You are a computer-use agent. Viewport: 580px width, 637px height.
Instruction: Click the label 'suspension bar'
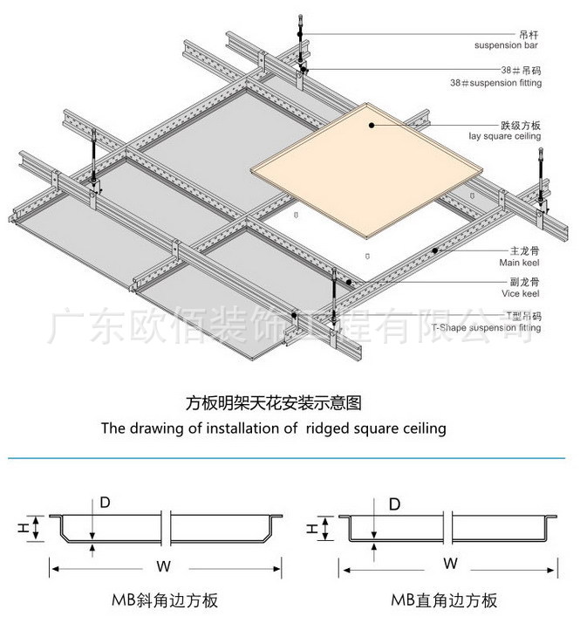(506, 44)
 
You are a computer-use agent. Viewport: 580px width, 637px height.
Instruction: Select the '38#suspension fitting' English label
(495, 83)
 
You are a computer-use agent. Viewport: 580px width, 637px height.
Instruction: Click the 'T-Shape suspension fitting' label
(486, 328)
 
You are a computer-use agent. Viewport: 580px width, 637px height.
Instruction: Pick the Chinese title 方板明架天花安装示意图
(274, 403)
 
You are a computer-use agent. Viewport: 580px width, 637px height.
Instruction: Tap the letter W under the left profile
(163, 566)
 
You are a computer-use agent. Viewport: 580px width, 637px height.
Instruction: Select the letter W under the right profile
(450, 564)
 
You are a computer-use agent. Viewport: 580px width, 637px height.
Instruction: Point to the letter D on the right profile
(394, 504)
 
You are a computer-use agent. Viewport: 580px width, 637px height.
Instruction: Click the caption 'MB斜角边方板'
(164, 601)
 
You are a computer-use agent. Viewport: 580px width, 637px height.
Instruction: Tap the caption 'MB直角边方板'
(444, 601)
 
